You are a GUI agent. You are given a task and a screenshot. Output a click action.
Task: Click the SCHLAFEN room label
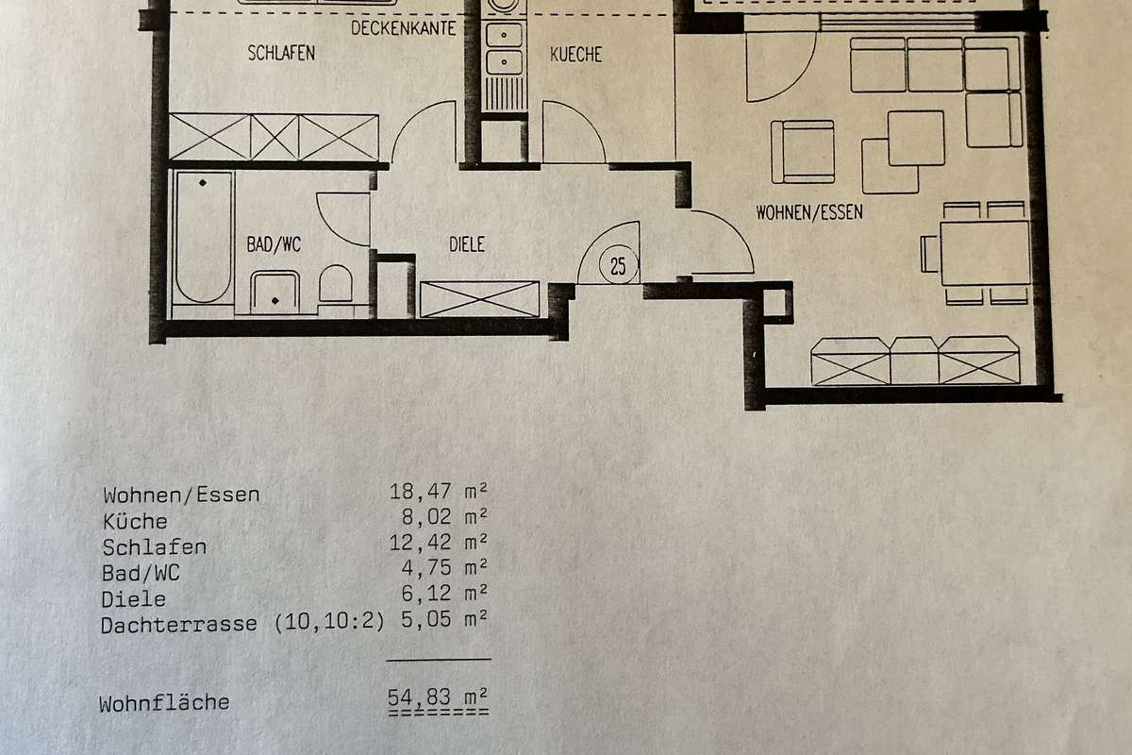coord(281,53)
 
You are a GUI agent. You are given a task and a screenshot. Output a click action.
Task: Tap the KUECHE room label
coord(575,55)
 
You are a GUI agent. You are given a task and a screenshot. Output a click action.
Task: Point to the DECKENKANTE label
coord(404,28)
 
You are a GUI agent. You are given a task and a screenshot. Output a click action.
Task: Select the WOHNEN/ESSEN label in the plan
coord(809,212)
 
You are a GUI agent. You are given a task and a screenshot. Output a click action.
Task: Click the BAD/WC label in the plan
coord(274,244)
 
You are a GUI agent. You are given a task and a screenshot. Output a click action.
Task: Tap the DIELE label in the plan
coord(467,244)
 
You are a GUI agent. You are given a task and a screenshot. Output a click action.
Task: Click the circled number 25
coord(618,266)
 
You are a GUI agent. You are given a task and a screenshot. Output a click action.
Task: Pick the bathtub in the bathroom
coord(203,237)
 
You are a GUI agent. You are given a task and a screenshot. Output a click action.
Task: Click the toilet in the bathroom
coord(336,284)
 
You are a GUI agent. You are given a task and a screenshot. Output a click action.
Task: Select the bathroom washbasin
coord(275,293)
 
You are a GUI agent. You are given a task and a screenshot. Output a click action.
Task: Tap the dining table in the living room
coord(985,253)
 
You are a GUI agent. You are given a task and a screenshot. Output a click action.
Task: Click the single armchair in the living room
coord(803,152)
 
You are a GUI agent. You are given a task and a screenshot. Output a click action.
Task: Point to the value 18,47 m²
coord(438,492)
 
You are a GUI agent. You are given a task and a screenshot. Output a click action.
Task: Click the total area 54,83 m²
coord(438,697)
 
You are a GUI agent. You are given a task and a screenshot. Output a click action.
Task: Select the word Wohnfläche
coord(164,703)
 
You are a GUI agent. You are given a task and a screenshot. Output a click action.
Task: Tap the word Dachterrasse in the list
coord(179,625)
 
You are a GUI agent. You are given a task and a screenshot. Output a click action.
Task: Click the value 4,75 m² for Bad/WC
coord(444,567)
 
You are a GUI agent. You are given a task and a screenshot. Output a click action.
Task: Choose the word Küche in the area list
coord(135,521)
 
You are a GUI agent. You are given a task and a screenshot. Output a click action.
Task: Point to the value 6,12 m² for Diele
coord(444,593)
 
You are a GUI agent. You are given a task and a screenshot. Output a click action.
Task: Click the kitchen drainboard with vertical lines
coord(504,94)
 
